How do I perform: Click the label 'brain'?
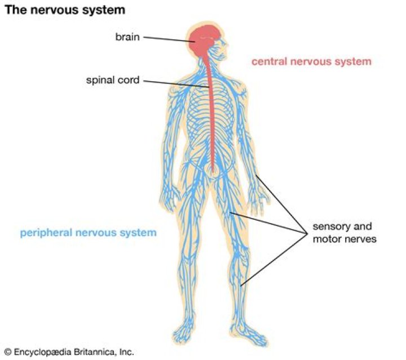point(127,37)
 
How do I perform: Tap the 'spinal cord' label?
point(113,81)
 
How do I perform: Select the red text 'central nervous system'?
point(311,61)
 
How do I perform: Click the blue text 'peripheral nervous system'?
point(88,232)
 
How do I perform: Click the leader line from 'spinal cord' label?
point(175,83)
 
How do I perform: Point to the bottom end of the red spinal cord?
point(213,168)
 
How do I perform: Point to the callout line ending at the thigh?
point(265,221)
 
